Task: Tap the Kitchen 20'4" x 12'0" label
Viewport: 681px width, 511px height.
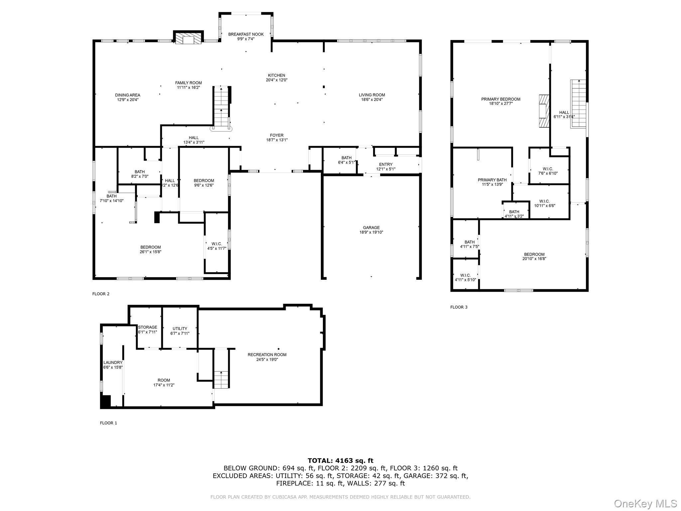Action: point(276,78)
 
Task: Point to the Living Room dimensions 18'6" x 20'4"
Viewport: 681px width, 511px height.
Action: point(372,99)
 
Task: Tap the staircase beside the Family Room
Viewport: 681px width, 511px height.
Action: point(221,107)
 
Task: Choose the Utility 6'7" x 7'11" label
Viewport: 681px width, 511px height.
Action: point(180,331)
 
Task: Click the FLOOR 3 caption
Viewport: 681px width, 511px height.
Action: point(459,307)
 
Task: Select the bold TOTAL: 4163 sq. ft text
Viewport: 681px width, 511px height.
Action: point(340,460)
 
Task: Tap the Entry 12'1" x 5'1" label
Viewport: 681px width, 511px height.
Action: point(386,167)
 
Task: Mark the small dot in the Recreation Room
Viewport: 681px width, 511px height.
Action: point(278,349)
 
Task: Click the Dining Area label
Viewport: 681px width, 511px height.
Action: point(128,97)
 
